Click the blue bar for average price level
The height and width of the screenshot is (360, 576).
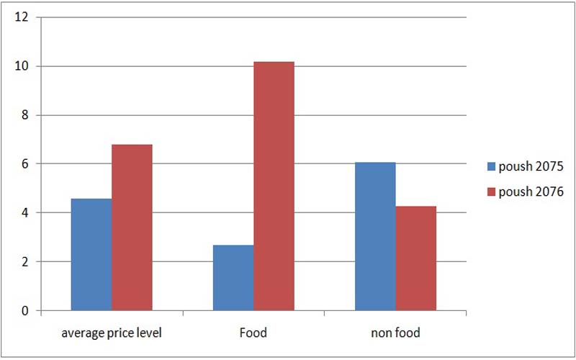point(91,255)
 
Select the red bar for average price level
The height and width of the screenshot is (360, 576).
point(132,228)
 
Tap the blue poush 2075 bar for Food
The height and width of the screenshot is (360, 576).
point(233,278)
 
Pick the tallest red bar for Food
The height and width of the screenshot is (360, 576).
point(274,186)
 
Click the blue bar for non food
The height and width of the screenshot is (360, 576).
point(375,237)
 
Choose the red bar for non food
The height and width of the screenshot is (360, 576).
point(416,258)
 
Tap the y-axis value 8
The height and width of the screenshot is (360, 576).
point(24,115)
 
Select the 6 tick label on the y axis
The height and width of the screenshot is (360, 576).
point(24,164)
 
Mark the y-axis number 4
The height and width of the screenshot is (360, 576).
point(24,212)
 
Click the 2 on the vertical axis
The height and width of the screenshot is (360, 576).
point(24,261)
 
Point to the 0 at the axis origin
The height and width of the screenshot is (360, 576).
point(24,311)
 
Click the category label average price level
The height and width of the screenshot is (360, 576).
point(112,333)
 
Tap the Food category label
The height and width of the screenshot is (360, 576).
point(253,333)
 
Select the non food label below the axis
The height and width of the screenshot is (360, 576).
point(395,333)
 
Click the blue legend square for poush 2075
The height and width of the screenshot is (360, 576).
point(492,166)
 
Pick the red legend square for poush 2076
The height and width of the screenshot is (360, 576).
point(492,192)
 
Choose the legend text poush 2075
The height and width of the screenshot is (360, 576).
point(531,167)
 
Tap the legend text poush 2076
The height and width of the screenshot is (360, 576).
point(531,192)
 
